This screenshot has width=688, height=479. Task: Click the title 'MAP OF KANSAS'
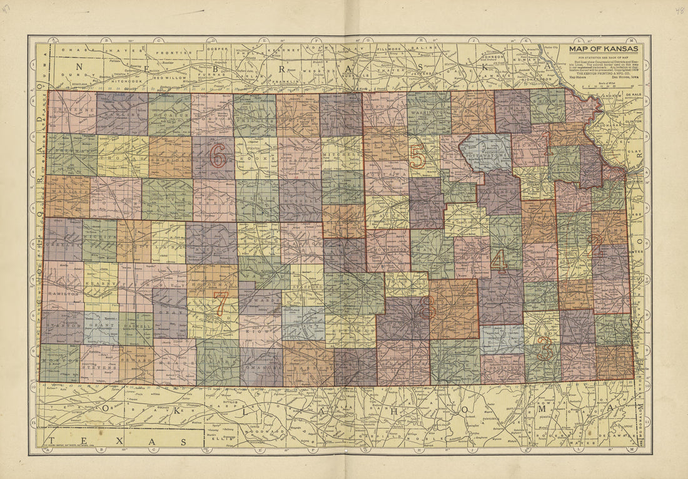coord(603,49)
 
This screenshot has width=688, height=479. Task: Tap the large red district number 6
coord(218,156)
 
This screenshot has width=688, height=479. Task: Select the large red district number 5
coord(417,156)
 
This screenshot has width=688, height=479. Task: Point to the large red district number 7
coord(220,303)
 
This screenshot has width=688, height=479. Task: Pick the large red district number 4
coord(498,259)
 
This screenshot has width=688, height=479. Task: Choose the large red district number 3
coord(545,351)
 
